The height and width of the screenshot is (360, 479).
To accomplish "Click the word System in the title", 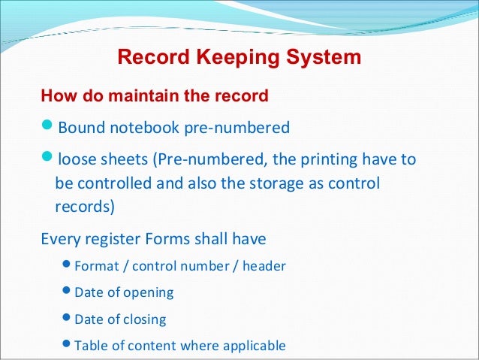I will pos(324,57).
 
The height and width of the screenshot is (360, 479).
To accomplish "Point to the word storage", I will pos(284,183).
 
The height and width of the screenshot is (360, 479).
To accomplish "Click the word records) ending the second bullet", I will pos(83,207).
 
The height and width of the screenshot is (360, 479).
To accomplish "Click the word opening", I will pos(148,292).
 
